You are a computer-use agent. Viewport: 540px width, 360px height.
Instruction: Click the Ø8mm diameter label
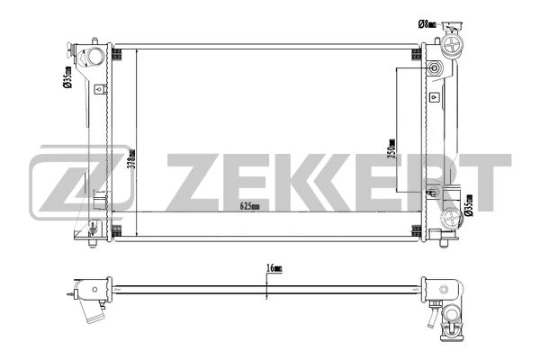427,22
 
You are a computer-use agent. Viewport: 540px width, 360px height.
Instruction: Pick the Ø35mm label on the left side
67,78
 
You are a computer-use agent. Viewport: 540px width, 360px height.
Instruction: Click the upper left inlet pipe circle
94,58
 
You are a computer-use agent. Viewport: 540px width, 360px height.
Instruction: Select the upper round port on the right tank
435,70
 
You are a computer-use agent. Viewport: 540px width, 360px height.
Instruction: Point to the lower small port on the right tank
433,191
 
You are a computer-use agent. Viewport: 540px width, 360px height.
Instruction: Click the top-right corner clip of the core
417,53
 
